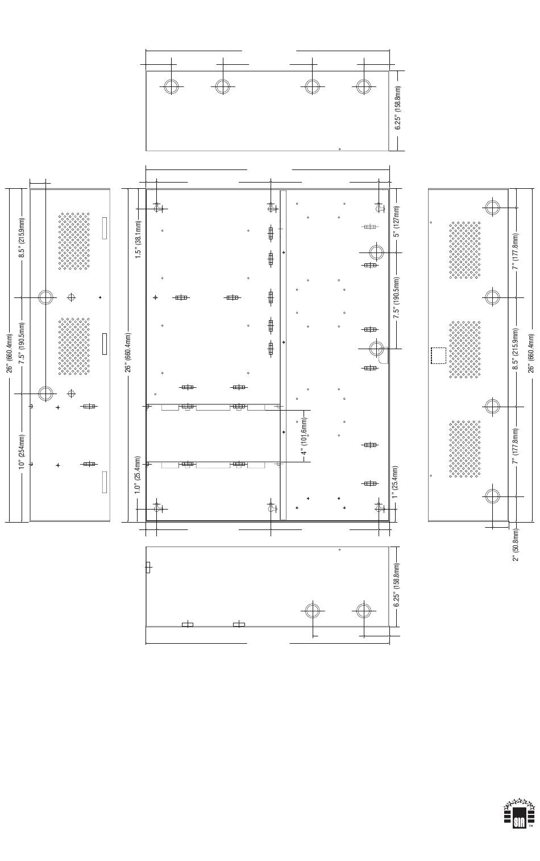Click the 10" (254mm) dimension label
(22, 452)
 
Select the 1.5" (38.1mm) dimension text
(138, 239)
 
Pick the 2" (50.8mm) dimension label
(516, 545)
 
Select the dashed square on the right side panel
(438, 355)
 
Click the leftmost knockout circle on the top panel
(171, 86)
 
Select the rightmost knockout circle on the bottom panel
(363, 610)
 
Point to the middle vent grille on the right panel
(465, 349)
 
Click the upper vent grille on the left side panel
(74, 241)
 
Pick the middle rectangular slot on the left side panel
(105, 343)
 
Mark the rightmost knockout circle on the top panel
(363, 86)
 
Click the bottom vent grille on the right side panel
(465, 449)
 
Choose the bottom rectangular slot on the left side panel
(105, 482)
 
